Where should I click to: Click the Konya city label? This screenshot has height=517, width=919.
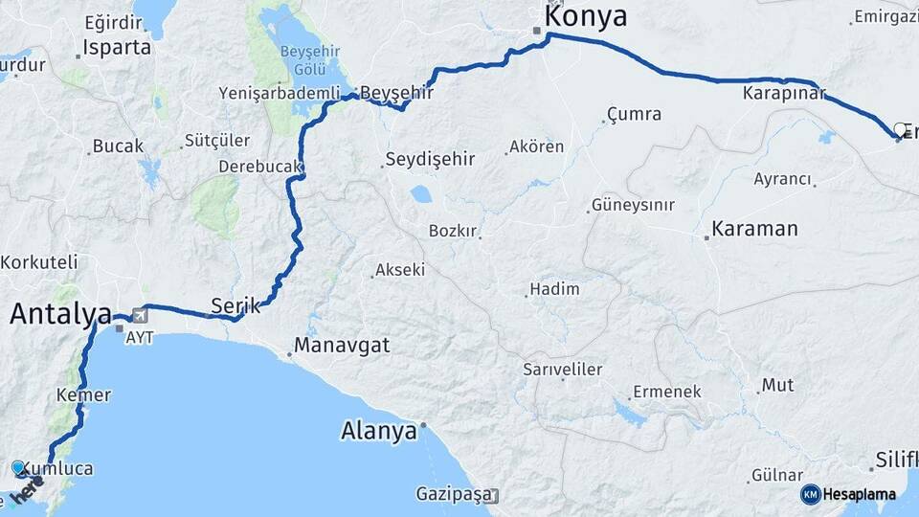[x=585, y=16]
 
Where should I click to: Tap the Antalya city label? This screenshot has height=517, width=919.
[x=61, y=313]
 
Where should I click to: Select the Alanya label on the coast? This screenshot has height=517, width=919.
[x=379, y=431]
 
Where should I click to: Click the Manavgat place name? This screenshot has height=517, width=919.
[x=342, y=346]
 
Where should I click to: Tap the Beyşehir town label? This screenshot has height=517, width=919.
[x=396, y=93]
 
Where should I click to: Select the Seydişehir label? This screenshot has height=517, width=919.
[x=430, y=159]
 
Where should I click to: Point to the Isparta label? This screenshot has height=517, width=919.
[x=117, y=47]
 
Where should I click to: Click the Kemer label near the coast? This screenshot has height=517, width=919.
[x=84, y=394]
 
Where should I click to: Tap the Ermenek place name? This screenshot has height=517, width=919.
[x=666, y=392]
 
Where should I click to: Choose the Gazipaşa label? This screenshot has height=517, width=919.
[x=453, y=494]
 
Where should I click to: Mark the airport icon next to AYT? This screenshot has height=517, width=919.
[x=142, y=314]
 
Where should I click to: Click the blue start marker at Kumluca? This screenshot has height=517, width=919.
[x=19, y=468]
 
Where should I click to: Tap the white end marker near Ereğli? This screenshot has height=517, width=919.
[x=900, y=129]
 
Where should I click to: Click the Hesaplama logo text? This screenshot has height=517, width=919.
[x=860, y=494]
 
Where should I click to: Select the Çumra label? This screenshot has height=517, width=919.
[x=634, y=115]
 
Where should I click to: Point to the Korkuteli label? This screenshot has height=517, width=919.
[x=38, y=261]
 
